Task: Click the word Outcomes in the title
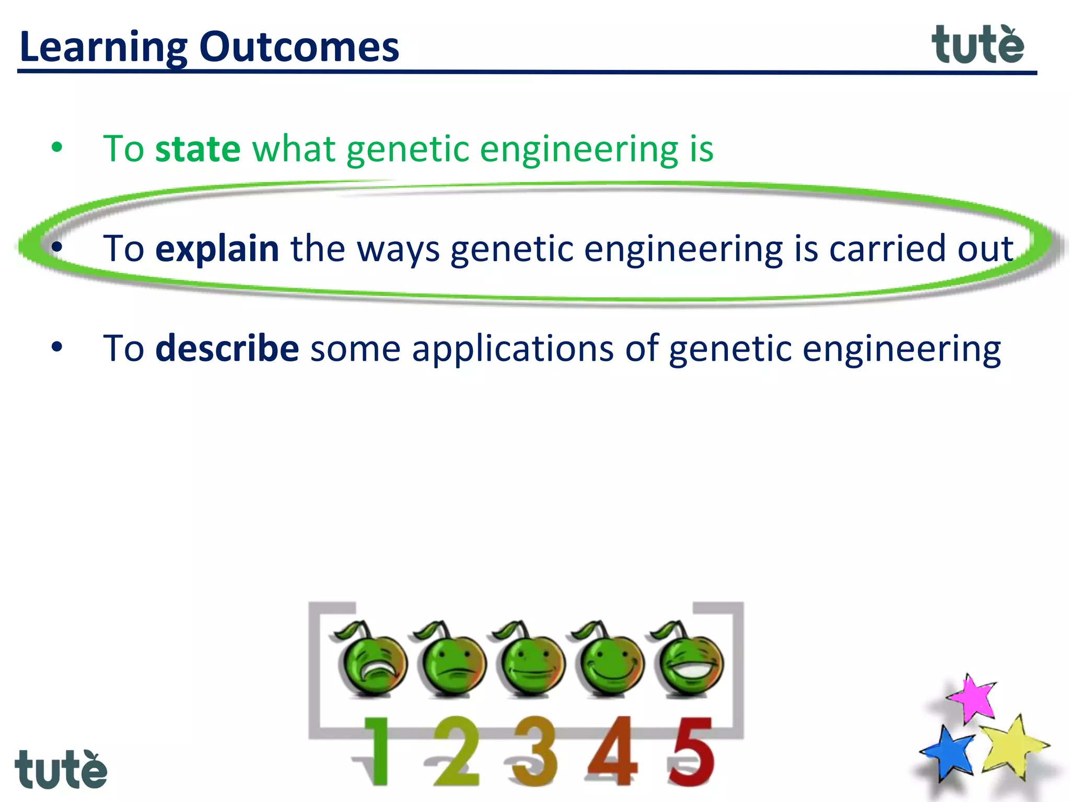pos(299,47)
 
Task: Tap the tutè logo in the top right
pos(978,45)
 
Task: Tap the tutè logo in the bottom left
pos(61,770)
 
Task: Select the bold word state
pos(197,149)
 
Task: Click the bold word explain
pos(217,249)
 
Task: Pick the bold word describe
pos(227,348)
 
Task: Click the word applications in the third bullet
pos(512,348)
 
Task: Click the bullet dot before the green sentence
pos(57,148)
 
